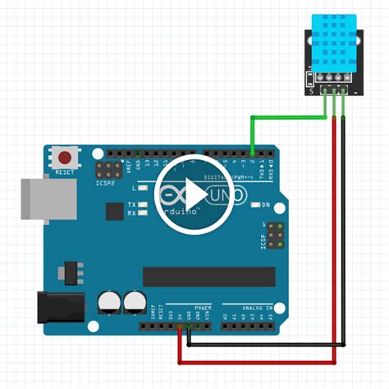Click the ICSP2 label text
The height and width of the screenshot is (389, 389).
pos(105,182)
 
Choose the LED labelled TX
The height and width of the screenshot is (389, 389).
pos(142,204)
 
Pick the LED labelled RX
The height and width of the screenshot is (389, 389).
pos(142,213)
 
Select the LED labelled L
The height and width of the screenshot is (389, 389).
pos(142,189)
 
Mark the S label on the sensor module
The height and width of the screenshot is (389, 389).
pos(310,93)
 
